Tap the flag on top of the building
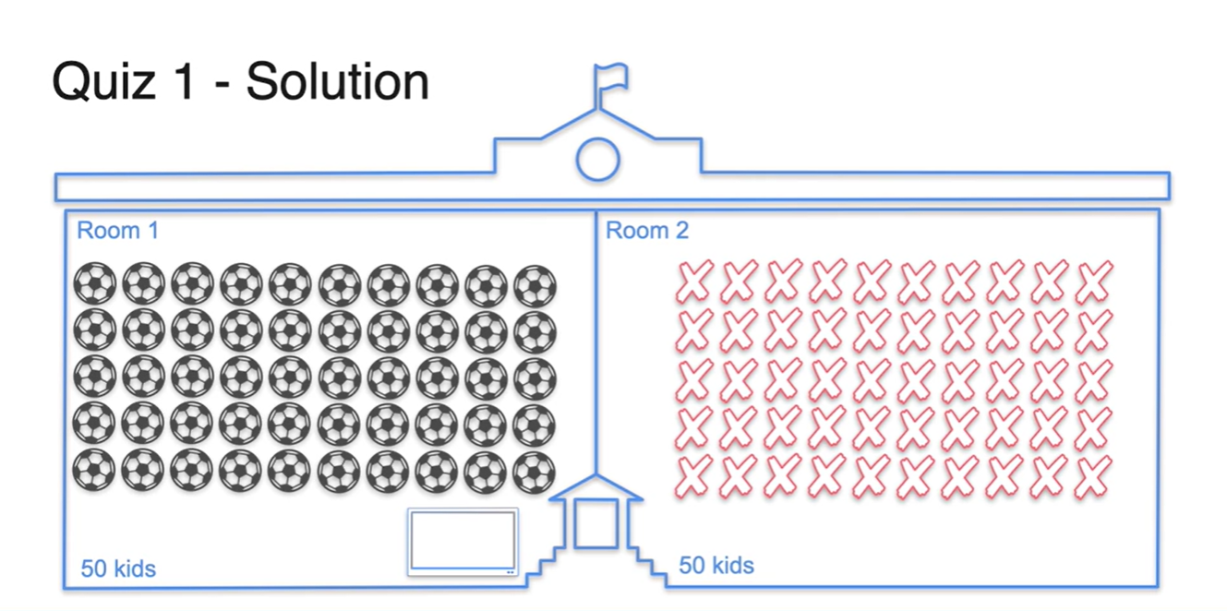(611, 77)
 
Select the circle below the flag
(597, 159)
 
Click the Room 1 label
(117, 230)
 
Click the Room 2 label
(647, 230)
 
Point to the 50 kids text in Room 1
(118, 569)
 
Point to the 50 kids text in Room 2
(716, 565)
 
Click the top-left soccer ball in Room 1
(95, 284)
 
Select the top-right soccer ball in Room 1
(535, 285)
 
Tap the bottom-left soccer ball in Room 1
(95, 471)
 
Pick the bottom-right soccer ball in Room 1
(535, 472)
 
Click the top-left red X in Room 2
(694, 282)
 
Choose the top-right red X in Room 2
(1094, 282)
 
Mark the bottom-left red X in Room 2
(694, 475)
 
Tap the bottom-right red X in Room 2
(1094, 475)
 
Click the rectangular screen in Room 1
(463, 541)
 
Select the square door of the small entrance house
(595, 524)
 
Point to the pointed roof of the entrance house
(596, 486)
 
